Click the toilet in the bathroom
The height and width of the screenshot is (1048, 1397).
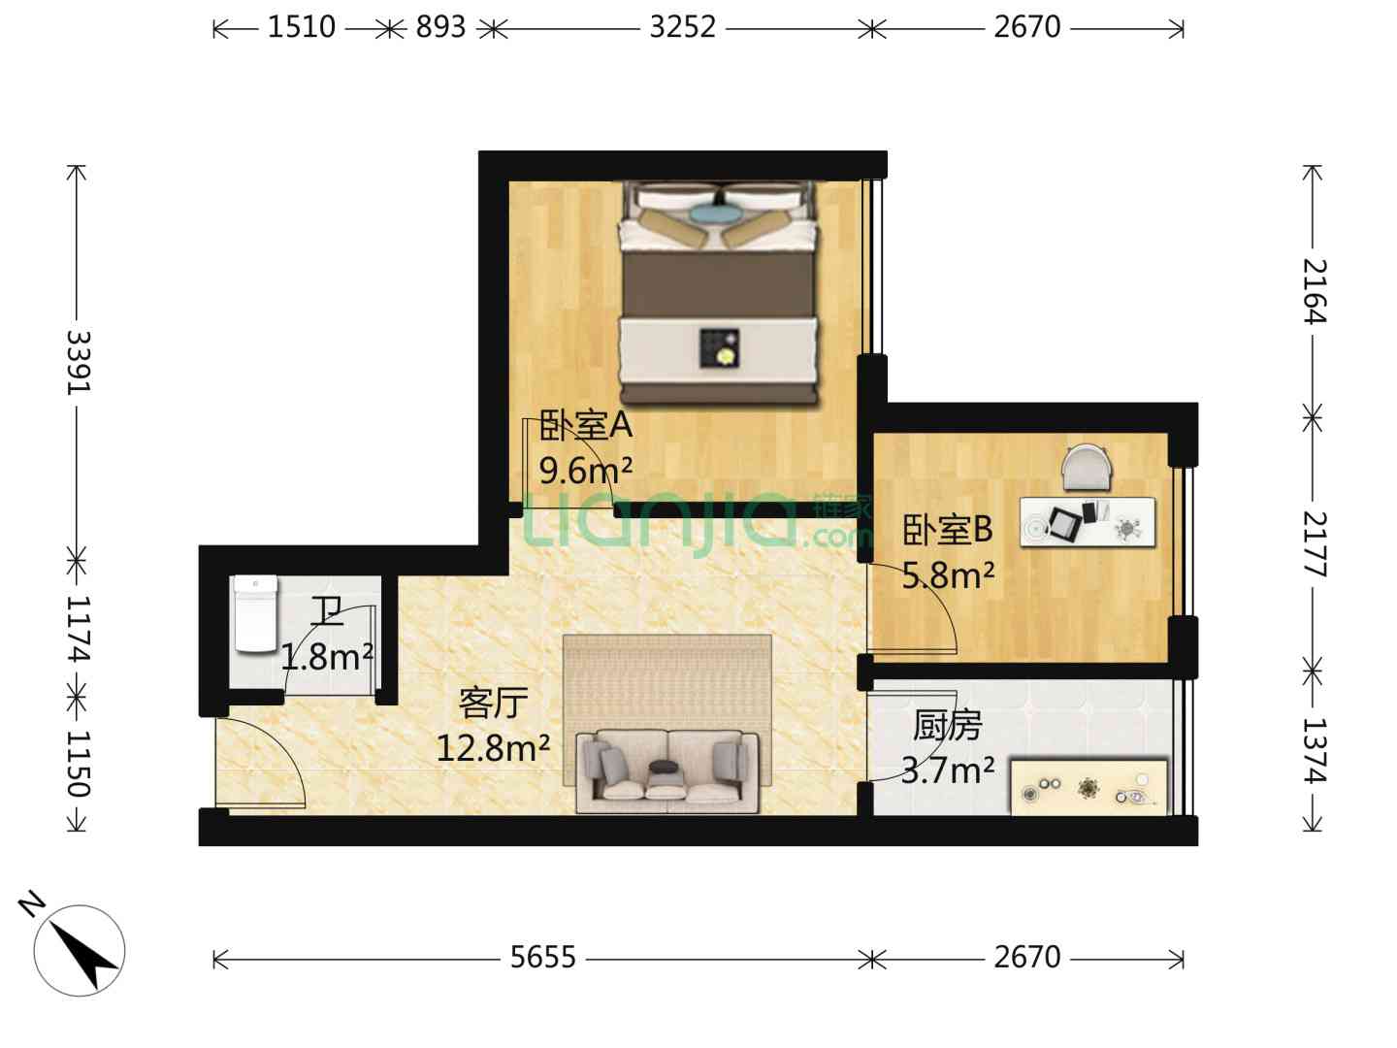[255, 613]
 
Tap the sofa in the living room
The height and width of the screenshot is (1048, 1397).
[667, 771]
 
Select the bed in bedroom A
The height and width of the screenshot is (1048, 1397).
[719, 293]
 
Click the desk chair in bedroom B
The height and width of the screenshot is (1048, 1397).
[1088, 468]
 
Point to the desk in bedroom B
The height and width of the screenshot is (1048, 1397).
[1088, 522]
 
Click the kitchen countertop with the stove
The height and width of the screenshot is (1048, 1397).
[1089, 786]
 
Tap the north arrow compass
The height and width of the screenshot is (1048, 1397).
[79, 951]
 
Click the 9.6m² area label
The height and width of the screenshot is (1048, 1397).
[586, 471]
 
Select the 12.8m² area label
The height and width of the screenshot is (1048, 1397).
[493, 748]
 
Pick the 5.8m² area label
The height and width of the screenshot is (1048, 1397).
[948, 575]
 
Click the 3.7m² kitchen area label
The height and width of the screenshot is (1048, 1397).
[948, 770]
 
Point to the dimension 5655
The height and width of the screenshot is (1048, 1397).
[543, 957]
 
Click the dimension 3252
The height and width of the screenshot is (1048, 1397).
[682, 27]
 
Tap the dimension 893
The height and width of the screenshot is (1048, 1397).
[441, 27]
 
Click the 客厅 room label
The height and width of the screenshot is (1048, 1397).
[493, 704]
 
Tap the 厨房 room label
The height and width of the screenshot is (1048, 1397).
[948, 726]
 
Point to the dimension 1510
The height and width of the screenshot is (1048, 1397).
[301, 27]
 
